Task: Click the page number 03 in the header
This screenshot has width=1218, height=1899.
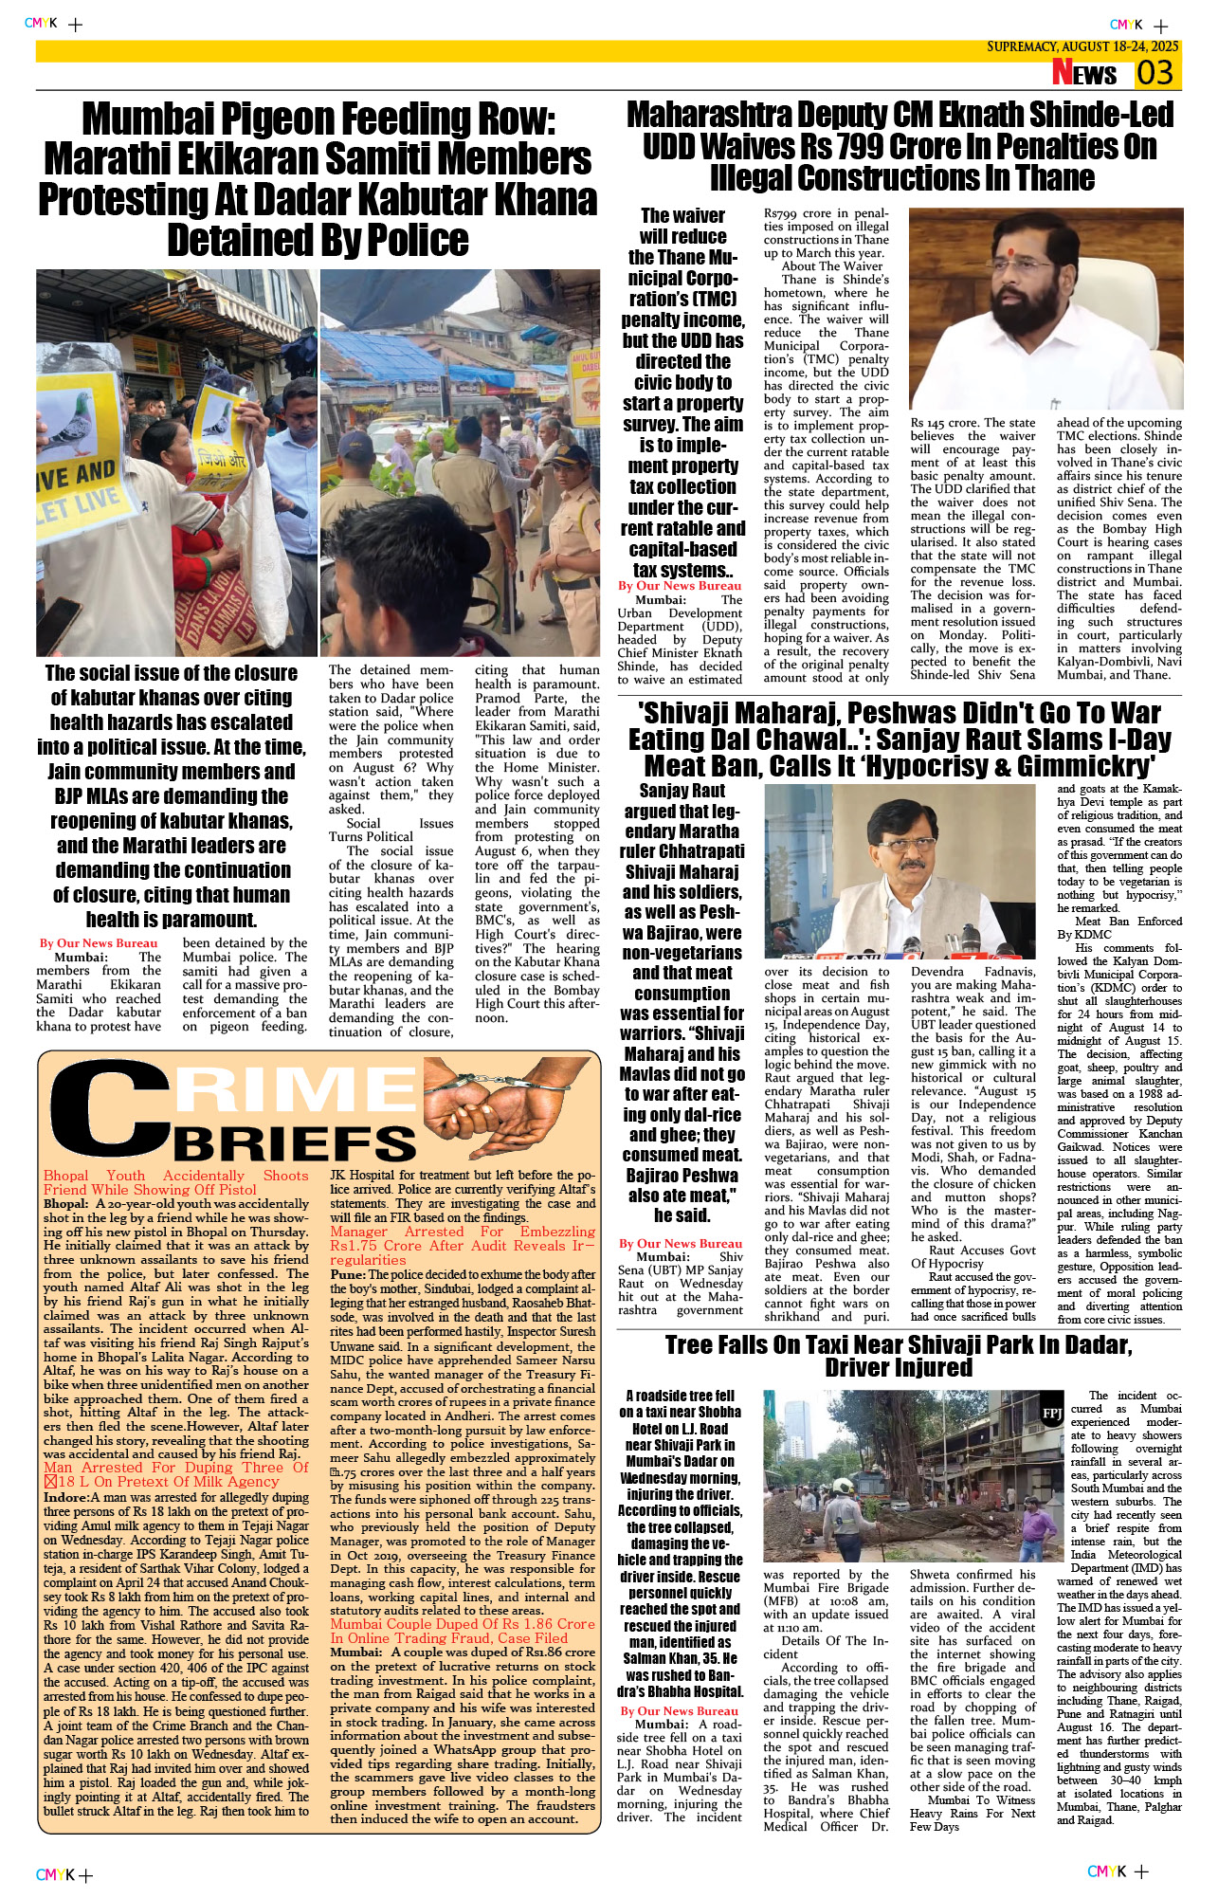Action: click(1155, 73)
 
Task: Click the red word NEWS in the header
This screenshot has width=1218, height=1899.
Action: click(1084, 73)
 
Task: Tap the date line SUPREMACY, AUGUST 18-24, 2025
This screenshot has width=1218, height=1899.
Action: click(1082, 46)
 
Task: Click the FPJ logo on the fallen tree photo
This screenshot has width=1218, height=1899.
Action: click(1052, 1413)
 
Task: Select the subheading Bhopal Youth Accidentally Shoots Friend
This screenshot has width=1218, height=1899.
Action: click(175, 1182)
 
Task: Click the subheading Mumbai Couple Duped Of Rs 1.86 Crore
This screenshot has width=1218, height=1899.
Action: click(463, 1630)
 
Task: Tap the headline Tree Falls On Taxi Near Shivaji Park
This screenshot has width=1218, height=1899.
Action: click(898, 1356)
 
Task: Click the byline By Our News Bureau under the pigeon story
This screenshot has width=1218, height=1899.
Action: click(99, 942)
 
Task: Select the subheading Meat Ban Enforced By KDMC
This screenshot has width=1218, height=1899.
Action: click(1119, 927)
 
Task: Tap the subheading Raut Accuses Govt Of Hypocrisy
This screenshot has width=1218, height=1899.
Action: click(973, 1256)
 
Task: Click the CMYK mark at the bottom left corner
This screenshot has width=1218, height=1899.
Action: click(55, 1874)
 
